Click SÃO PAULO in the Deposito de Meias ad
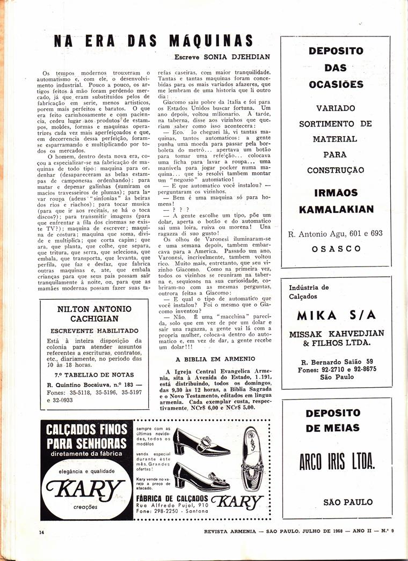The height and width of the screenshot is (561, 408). click(348, 502)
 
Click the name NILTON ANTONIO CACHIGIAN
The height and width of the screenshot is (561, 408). click(94, 314)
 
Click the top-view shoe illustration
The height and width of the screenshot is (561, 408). click(252, 452)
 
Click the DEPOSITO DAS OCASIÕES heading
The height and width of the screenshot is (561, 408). click(336, 68)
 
